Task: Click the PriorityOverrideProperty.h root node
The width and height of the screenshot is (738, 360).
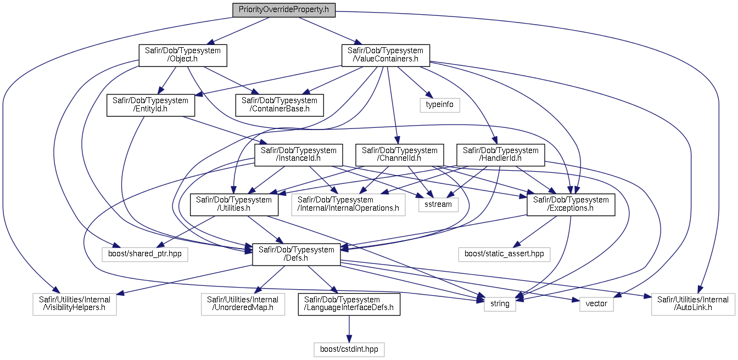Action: point(284,10)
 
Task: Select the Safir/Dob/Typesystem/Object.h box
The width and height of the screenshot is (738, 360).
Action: point(183,55)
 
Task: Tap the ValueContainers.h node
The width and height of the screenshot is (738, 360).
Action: point(385,55)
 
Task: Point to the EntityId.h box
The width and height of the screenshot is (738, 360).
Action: point(150,105)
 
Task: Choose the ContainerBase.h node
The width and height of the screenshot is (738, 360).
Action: point(279,105)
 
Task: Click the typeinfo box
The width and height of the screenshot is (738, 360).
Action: point(439,105)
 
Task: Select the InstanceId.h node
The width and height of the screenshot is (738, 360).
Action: point(299,155)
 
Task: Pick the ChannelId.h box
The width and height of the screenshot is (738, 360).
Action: point(399,155)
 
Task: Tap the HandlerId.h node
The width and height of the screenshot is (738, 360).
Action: point(500,155)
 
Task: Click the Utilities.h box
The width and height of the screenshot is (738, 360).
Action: point(234,205)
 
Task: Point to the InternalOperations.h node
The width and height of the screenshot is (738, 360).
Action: point(348,205)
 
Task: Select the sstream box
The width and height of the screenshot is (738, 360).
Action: point(438,205)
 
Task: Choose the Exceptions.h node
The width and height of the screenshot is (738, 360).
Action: point(571,205)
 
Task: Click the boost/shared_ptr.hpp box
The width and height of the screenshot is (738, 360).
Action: point(145,254)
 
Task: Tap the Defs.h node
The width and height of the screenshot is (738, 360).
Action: point(296,254)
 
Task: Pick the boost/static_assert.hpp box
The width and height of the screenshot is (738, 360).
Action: point(504,254)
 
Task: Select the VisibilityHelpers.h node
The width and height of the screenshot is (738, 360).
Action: point(75,304)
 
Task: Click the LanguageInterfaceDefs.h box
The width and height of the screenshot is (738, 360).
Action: point(349,304)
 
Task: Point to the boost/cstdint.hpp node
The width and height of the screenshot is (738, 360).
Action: point(349,350)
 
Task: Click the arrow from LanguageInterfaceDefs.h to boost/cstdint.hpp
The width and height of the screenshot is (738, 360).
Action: point(349,329)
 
